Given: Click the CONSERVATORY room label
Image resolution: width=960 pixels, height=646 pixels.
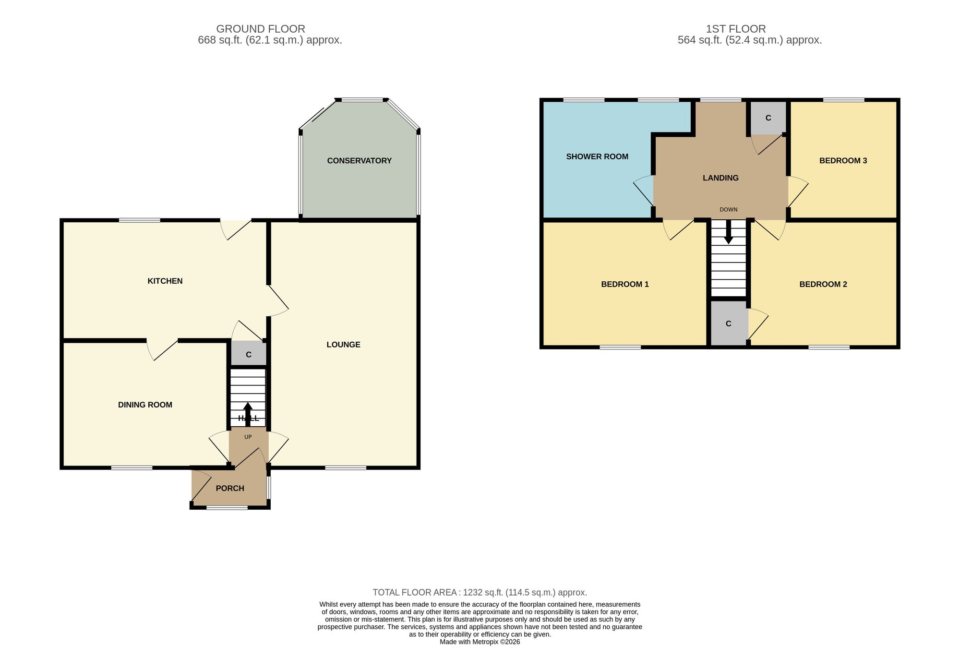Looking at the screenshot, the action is (x=359, y=161).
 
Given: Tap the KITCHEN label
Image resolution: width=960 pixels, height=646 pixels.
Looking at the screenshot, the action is (x=165, y=281).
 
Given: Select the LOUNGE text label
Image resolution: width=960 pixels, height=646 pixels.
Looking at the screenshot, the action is (x=343, y=345).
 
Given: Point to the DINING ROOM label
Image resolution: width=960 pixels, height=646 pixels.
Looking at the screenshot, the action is (x=145, y=405).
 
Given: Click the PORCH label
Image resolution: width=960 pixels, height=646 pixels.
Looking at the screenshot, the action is (x=230, y=488).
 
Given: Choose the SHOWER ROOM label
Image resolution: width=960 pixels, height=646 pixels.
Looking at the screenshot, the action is (x=597, y=156).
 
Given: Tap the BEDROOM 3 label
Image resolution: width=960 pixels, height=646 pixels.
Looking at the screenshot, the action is (x=843, y=161).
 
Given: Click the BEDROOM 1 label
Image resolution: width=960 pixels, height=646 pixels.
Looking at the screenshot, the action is (x=625, y=284).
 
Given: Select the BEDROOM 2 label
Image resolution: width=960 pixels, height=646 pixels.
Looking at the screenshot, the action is (x=823, y=284).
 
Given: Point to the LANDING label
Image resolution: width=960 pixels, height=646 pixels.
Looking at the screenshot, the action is (x=720, y=178).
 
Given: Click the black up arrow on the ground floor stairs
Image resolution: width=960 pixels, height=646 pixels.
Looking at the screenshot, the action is (x=248, y=414).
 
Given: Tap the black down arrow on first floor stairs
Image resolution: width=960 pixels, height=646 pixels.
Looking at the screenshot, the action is (x=728, y=232).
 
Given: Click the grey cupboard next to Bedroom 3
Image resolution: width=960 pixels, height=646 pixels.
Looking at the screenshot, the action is (x=768, y=118).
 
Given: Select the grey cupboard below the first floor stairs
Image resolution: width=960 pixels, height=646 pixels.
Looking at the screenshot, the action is (x=728, y=323).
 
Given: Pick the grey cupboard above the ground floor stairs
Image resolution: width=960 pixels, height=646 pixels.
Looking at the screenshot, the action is (x=249, y=355).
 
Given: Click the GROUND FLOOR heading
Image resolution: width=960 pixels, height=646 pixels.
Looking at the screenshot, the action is (x=261, y=29).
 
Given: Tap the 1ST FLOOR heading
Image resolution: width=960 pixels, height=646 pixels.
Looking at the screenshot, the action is (x=736, y=29).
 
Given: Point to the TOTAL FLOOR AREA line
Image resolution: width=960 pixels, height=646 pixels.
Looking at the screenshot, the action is (x=480, y=592).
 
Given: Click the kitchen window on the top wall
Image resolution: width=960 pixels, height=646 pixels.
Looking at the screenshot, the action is (x=140, y=220).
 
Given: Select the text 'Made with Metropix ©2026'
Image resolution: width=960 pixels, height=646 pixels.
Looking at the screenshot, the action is (x=480, y=642).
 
